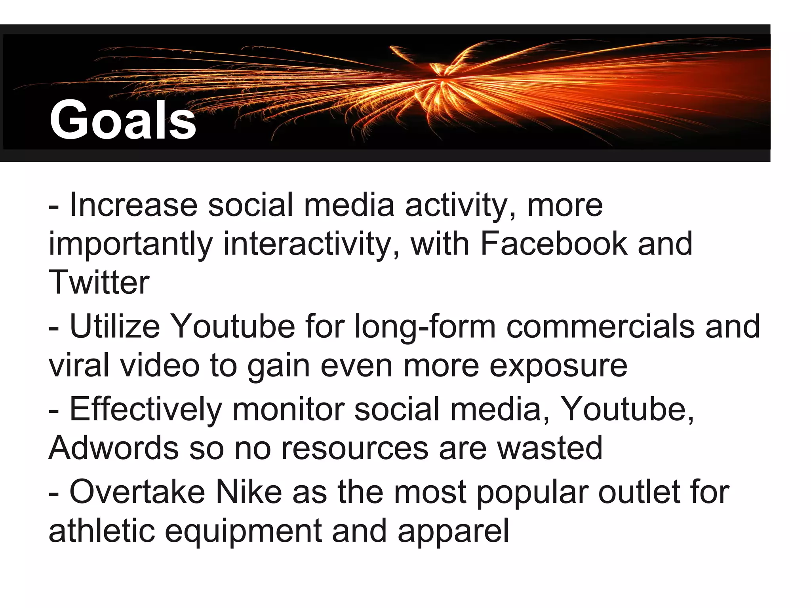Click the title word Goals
tap(123, 120)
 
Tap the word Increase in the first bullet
tap(133, 205)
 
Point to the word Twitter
tap(99, 282)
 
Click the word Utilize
tap(115, 327)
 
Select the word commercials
tap(600, 327)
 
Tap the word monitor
tap(288, 409)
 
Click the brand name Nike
tap(248, 492)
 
